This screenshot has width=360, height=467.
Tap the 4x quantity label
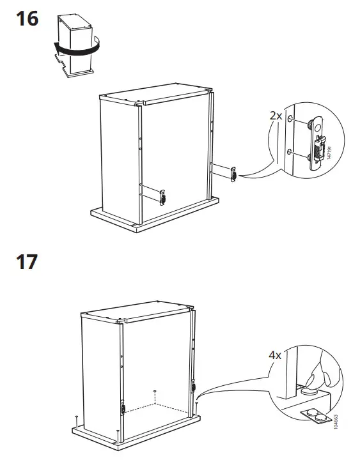click(x=275, y=355)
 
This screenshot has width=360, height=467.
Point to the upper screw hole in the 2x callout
click(x=292, y=119)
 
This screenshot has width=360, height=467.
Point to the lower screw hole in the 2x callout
click(x=292, y=151)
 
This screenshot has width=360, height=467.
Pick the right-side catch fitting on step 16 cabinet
click(x=233, y=174)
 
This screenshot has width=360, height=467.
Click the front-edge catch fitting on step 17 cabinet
click(x=121, y=407)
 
